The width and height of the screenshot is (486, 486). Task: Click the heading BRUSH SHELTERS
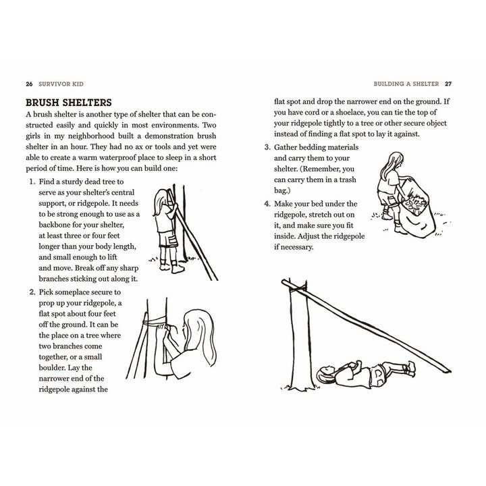68,103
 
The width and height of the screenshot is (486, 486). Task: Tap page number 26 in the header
29,84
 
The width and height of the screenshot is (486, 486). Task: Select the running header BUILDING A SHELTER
406,84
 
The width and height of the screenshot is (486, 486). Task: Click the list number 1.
32,182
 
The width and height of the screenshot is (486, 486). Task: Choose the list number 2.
32,292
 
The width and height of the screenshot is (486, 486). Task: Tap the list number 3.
267,148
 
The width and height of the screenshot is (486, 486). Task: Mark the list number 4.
267,204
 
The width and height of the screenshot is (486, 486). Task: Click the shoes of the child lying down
408,369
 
